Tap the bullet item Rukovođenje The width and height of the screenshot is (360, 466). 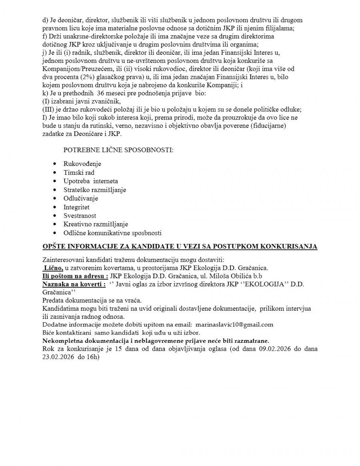click(82, 164)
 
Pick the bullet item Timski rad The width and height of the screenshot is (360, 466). click(79, 172)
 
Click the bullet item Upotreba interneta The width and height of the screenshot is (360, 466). click(91, 181)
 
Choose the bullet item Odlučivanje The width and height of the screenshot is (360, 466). click(81, 198)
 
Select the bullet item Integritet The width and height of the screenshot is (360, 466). click(76, 207)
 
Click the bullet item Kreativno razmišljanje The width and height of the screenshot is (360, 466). click(96, 224)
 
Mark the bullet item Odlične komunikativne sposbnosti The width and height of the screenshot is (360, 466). click(112, 233)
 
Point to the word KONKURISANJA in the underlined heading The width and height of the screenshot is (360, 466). click(289, 246)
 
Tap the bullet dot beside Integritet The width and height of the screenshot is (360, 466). click(55, 207)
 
